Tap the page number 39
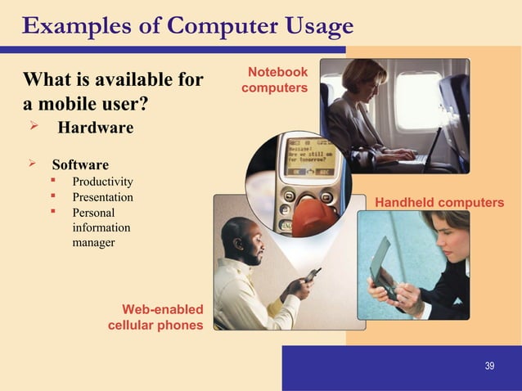pos(489,365)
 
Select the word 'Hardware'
pos(95,128)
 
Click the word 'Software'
pos(80,164)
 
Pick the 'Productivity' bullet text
pos(103,181)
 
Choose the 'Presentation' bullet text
pos(103,197)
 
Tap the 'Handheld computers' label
pos(439,201)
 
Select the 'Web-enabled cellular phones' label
pos(155,317)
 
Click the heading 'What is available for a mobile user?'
pos(114,93)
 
